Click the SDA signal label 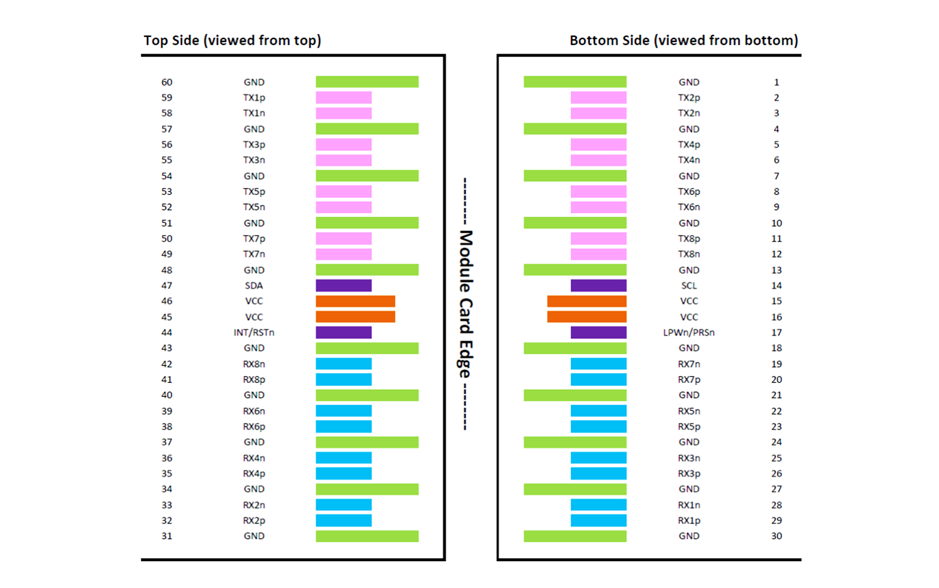pos(254,286)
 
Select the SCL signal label pos(689,286)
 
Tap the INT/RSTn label pos(254,333)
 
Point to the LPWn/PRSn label pos(689,333)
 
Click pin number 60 pos(167,82)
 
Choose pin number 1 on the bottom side pos(777,82)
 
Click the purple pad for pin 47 pos(344,286)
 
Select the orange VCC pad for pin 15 pos(587,301)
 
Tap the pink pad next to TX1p pos(344,98)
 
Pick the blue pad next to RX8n pos(344,364)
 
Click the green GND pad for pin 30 pos(575,536)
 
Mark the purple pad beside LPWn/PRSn pos(599,333)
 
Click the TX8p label pos(689,239)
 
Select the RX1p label pos(689,520)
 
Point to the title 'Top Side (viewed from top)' pos(232,40)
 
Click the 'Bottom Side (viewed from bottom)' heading pos(684,40)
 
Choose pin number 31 pos(167,536)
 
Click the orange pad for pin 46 pos(355,301)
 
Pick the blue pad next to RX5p pos(599,426)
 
